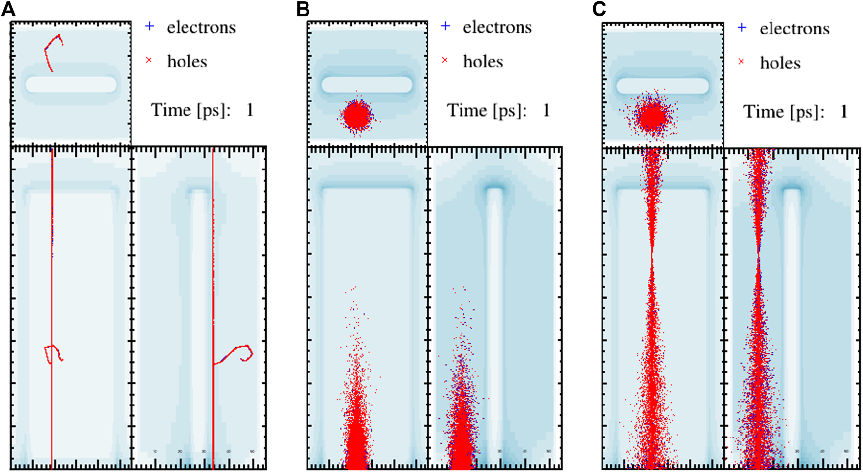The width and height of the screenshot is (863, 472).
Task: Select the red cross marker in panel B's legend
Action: tap(445, 60)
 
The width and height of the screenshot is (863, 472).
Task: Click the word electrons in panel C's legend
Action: tap(794, 29)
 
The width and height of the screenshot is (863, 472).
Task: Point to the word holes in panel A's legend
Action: tap(187, 62)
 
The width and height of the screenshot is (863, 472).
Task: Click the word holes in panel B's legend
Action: tap(483, 62)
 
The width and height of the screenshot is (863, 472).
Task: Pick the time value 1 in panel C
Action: tap(843, 112)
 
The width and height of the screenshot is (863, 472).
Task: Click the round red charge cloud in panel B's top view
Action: tap(357, 116)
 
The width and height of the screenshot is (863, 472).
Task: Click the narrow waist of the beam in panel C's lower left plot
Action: tap(652, 256)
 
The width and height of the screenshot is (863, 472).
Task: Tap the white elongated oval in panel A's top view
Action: tap(71, 84)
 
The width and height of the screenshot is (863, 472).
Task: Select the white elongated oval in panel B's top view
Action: tap(367, 84)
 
